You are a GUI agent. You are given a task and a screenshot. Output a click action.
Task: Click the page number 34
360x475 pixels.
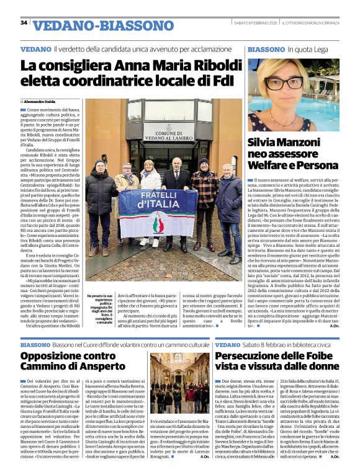pos(24,22)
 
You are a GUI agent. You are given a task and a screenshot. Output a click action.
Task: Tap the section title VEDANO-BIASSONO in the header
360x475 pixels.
pos(103,25)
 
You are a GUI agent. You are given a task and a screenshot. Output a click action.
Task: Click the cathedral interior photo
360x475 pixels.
pos(179,383)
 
